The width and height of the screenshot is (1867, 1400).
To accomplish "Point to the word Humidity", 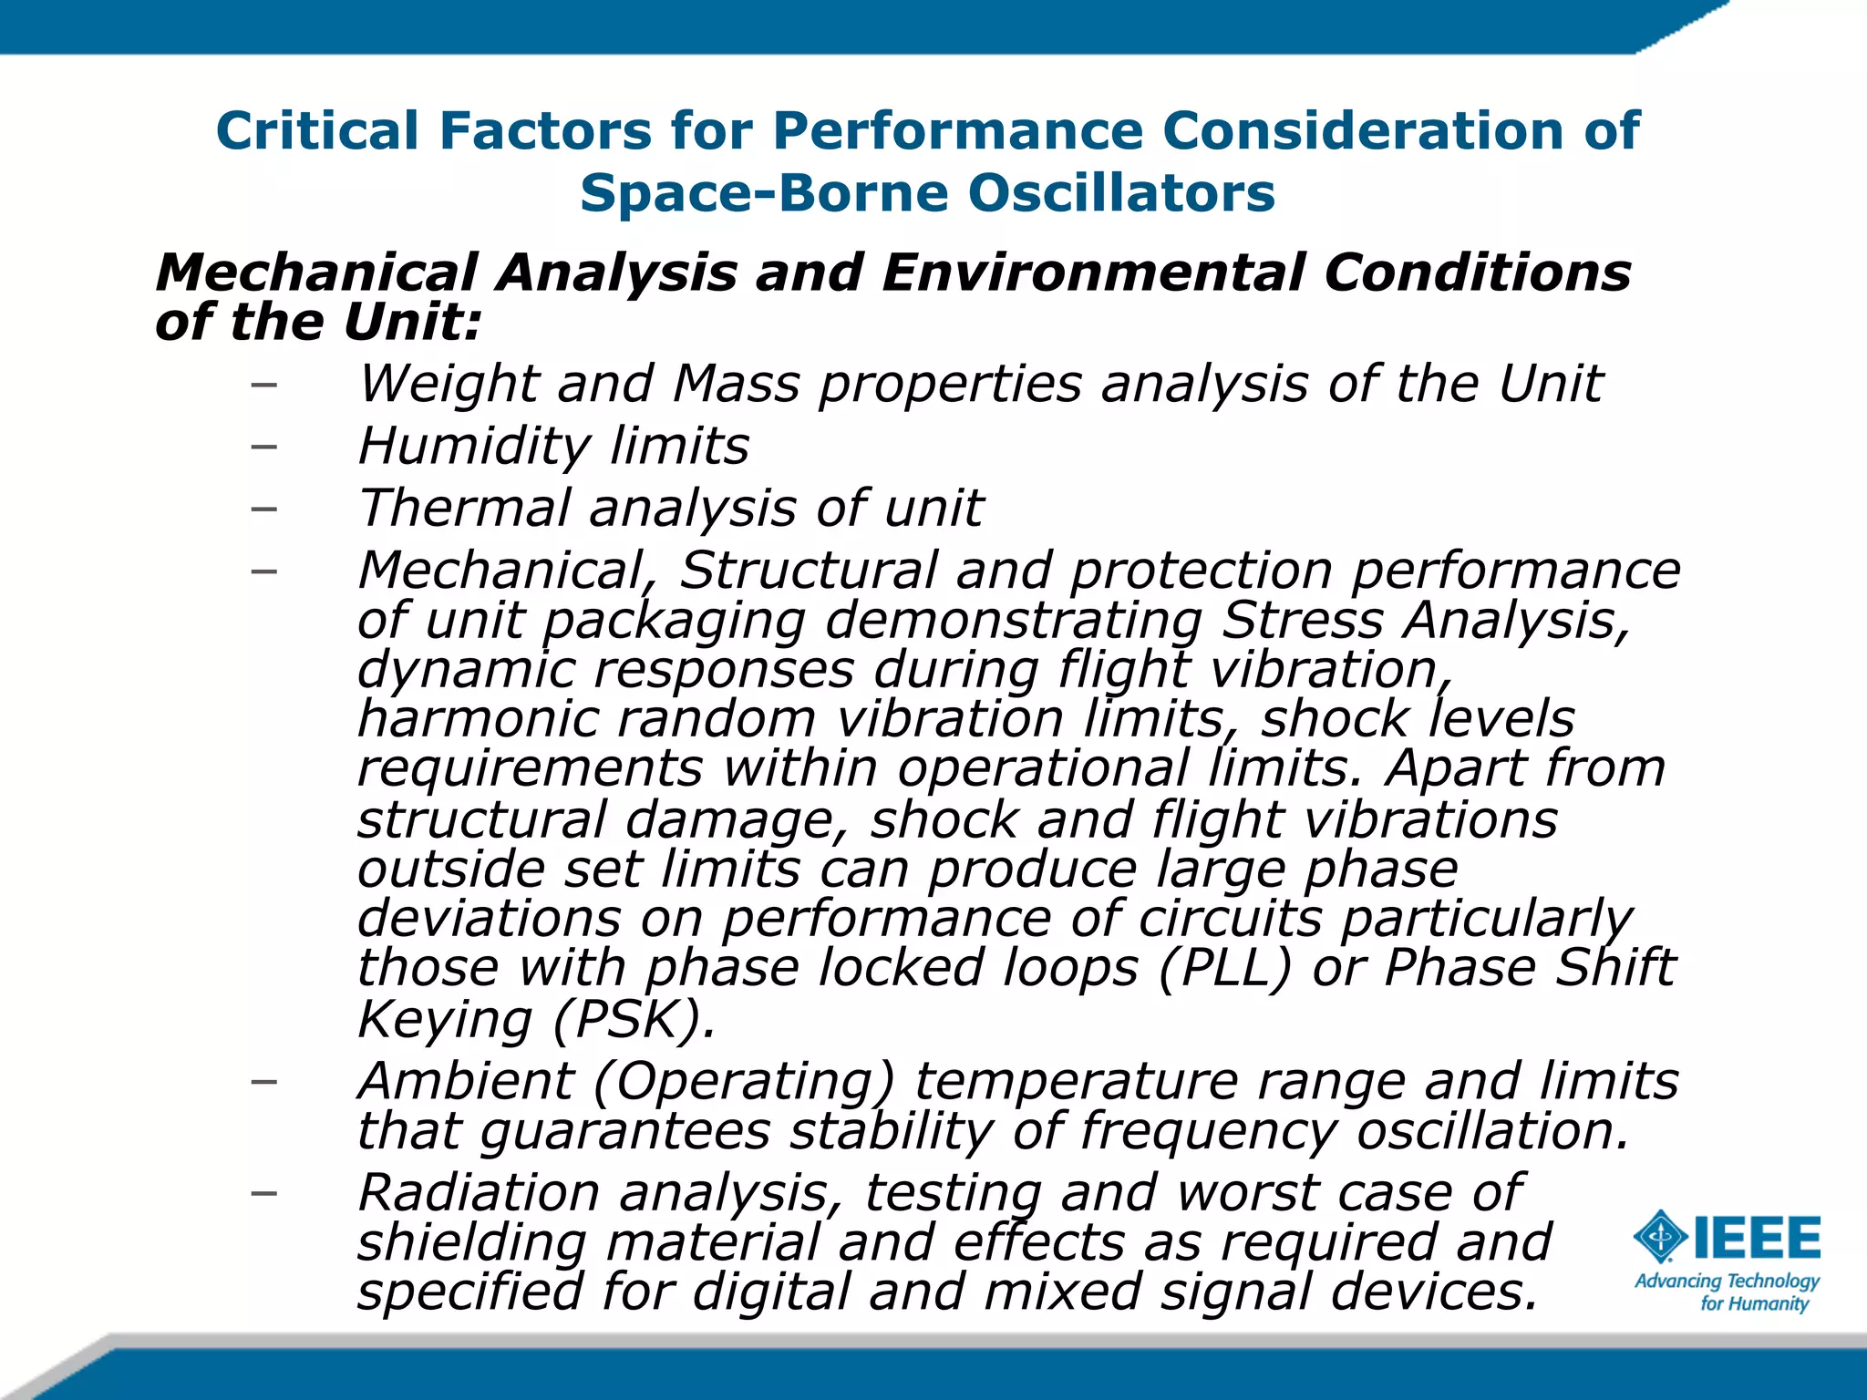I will pyautogui.click(x=474, y=447).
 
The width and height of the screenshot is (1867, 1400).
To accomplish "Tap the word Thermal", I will pyautogui.click(x=465, y=508).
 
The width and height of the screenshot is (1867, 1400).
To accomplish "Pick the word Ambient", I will pyautogui.click(x=465, y=1082).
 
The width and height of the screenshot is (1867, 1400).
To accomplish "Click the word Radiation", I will pyautogui.click(x=479, y=1193).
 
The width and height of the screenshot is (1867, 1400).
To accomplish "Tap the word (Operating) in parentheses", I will pyautogui.click(x=744, y=1082).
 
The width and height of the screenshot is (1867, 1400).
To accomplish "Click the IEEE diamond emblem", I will pyautogui.click(x=1660, y=1237).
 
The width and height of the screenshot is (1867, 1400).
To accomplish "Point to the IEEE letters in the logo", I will pyautogui.click(x=1757, y=1237).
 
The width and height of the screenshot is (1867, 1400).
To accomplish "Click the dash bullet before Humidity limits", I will pyautogui.click(x=263, y=447).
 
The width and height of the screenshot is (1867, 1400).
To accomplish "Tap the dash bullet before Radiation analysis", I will pyautogui.click(x=263, y=1193).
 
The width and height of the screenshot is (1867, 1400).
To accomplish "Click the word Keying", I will pyautogui.click(x=445, y=1019).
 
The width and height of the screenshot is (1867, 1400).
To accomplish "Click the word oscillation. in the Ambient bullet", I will pyautogui.click(x=1491, y=1131).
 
